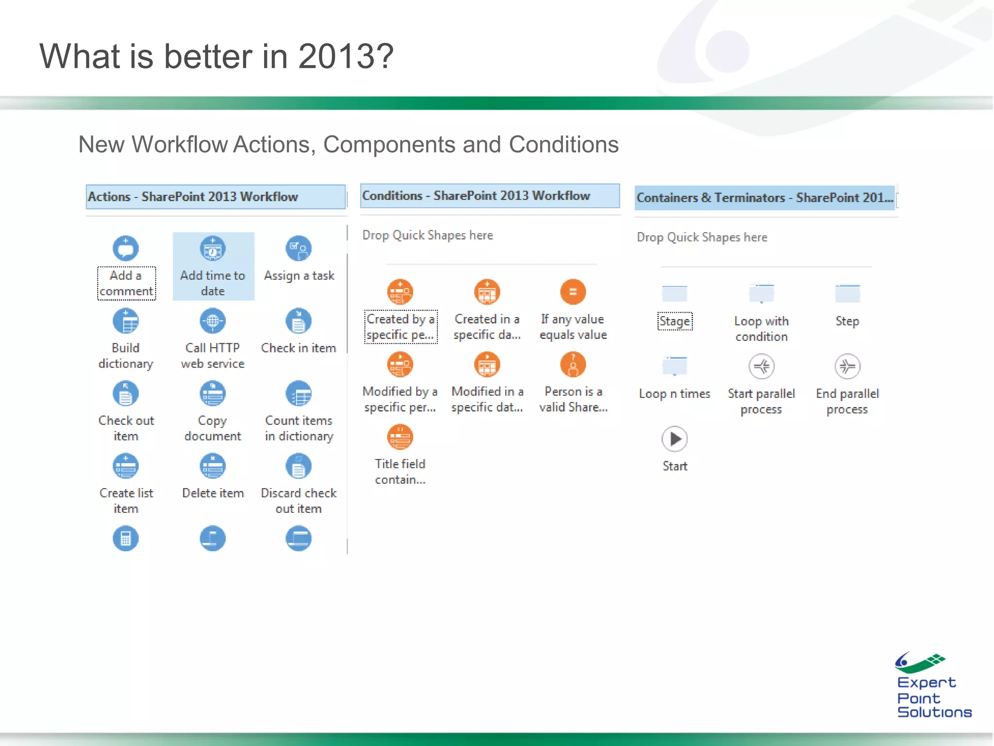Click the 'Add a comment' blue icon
point(126,249)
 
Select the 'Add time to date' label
point(213,283)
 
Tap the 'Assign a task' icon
point(298,249)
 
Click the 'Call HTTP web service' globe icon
point(213,321)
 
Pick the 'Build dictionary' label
point(126,356)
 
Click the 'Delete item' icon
point(213,466)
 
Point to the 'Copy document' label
point(213,428)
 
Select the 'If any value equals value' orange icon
point(573,292)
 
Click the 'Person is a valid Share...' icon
point(573,365)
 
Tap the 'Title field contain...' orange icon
point(400,437)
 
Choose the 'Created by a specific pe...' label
point(400,327)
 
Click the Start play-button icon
point(675,439)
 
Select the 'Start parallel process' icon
point(761,367)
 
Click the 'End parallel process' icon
point(847,367)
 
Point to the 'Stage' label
point(675,322)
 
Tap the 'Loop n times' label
point(675,394)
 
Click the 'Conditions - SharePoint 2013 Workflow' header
point(489,196)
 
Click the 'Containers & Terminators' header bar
point(764,198)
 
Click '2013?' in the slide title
point(346,56)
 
